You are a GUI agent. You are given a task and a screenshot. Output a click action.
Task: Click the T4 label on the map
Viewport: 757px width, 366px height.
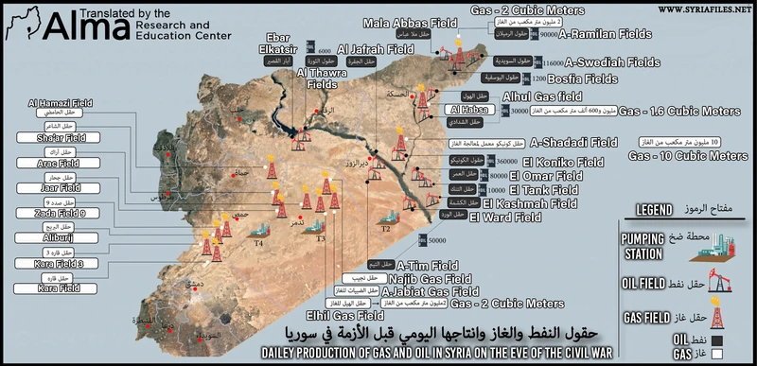point(257,243)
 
